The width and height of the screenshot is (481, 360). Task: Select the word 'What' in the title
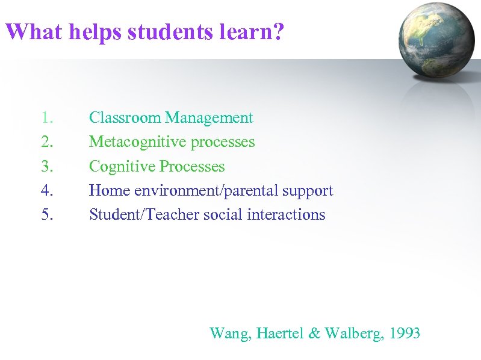point(33,31)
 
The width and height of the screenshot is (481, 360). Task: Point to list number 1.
point(48,118)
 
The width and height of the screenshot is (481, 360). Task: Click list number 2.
point(48,142)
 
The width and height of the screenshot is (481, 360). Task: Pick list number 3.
point(48,166)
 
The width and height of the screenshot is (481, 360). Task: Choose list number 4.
point(48,191)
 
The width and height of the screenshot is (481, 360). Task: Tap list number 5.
point(48,215)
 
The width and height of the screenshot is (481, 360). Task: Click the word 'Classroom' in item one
point(125,118)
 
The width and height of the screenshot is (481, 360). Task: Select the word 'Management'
point(209,119)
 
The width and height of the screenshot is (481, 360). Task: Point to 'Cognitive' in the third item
point(122,167)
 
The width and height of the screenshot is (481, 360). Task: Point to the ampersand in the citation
point(314,333)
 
